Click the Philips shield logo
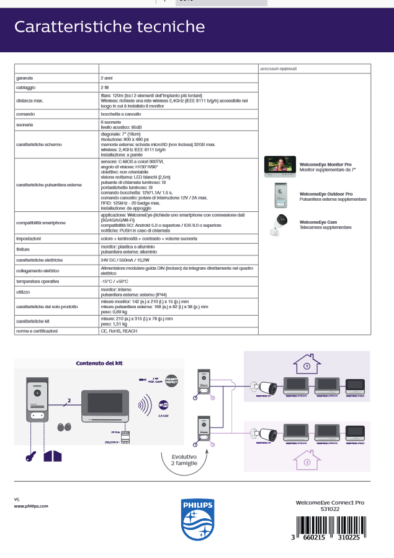197,519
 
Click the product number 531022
329,509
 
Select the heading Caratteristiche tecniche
110,26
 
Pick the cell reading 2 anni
107,78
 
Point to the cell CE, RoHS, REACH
119,331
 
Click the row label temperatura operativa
37,281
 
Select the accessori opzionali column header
278,68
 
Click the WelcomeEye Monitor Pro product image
280,166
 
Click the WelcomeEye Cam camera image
280,224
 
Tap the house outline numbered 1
306,365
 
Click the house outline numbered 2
306,462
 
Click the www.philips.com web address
31,506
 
